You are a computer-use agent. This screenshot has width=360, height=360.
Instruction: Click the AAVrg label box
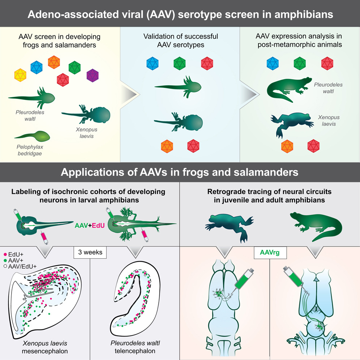click(270, 252)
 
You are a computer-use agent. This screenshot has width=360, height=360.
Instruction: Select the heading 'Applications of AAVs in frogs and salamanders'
click(180, 172)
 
